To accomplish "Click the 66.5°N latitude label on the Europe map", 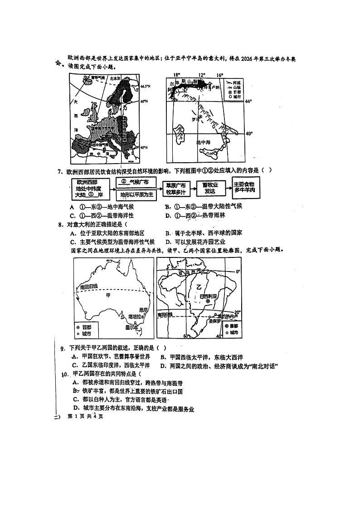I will pos(145,86).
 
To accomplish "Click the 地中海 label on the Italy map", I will pos(202,142).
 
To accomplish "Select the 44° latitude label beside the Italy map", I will pos(248,102).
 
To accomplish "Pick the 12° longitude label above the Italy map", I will pos(201,75).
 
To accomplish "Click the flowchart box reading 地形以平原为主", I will pos(136,195).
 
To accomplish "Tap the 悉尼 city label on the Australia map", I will pos(144,310).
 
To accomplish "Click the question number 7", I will pos(59,171).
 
